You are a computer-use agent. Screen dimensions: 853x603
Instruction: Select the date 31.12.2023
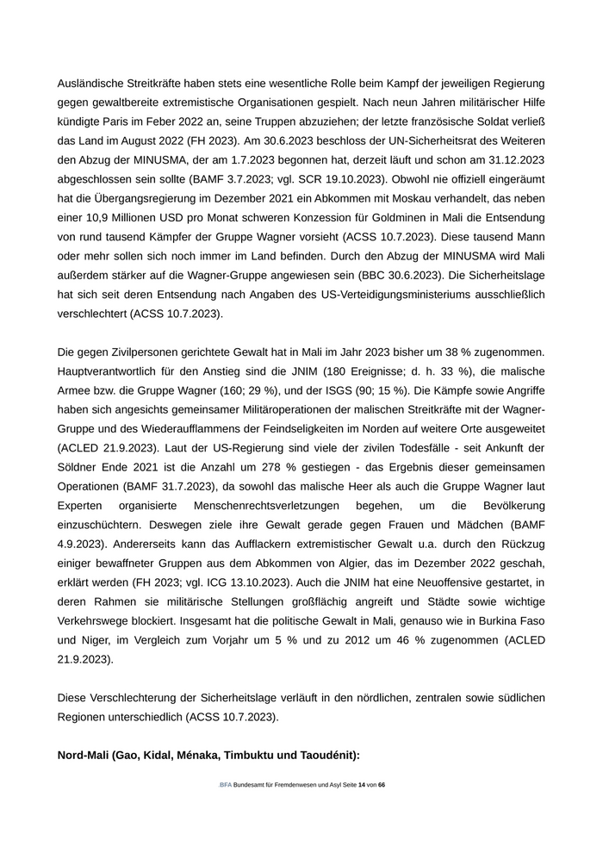point(513,161)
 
